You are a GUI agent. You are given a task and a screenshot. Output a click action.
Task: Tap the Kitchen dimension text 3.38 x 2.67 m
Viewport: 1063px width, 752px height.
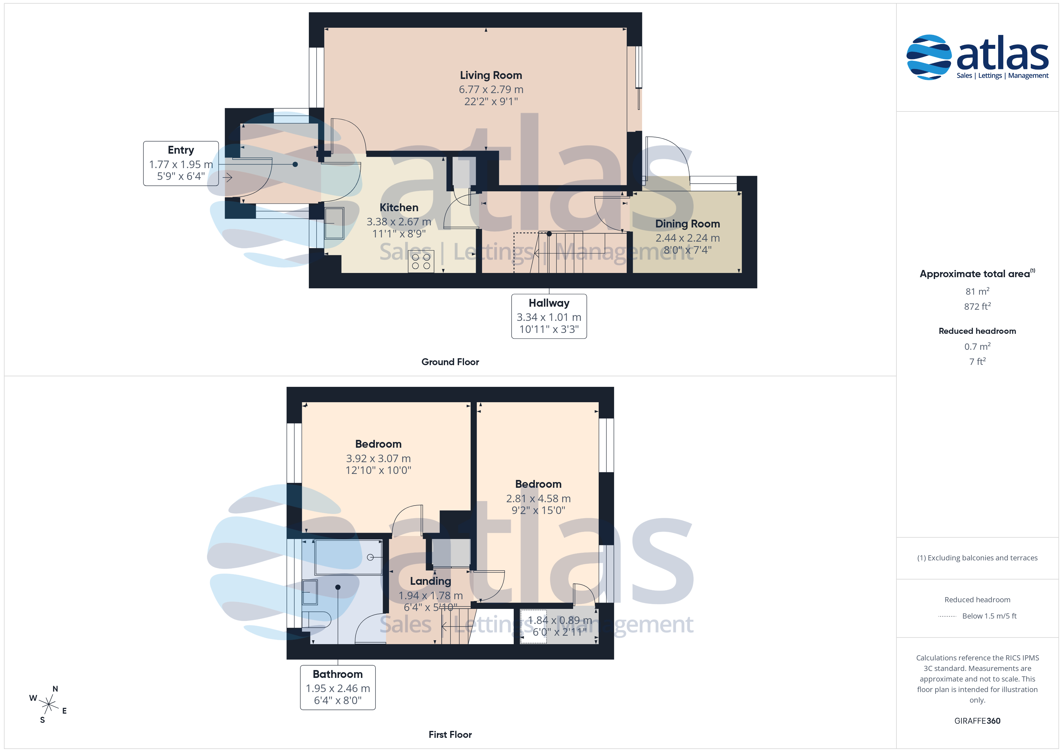(399, 222)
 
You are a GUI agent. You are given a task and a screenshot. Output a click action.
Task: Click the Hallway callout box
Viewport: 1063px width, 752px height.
(549, 316)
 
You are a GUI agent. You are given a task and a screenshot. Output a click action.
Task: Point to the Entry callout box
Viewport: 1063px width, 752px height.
(181, 164)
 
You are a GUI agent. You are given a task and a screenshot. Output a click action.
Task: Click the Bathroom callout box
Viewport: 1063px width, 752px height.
(338, 687)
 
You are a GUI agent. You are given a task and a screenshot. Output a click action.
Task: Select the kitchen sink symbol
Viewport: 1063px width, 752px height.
(334, 223)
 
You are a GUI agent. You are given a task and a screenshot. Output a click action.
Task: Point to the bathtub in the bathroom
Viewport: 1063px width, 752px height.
(349, 557)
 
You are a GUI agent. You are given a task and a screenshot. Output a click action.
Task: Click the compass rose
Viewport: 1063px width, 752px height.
(48, 705)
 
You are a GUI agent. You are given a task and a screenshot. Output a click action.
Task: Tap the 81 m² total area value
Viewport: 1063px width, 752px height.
(977, 291)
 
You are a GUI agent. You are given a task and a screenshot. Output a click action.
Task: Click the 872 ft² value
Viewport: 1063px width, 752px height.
(977, 306)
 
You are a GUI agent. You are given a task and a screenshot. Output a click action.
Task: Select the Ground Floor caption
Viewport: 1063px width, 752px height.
(450, 362)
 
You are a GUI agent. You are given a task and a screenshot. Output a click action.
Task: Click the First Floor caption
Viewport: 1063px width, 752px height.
(450, 735)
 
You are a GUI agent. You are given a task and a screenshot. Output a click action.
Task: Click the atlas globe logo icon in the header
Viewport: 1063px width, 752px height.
(929, 58)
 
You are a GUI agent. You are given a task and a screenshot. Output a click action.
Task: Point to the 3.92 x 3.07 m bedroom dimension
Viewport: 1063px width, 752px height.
(378, 459)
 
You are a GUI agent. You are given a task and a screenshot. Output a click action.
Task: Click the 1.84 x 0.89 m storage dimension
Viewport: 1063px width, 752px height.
(560, 620)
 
